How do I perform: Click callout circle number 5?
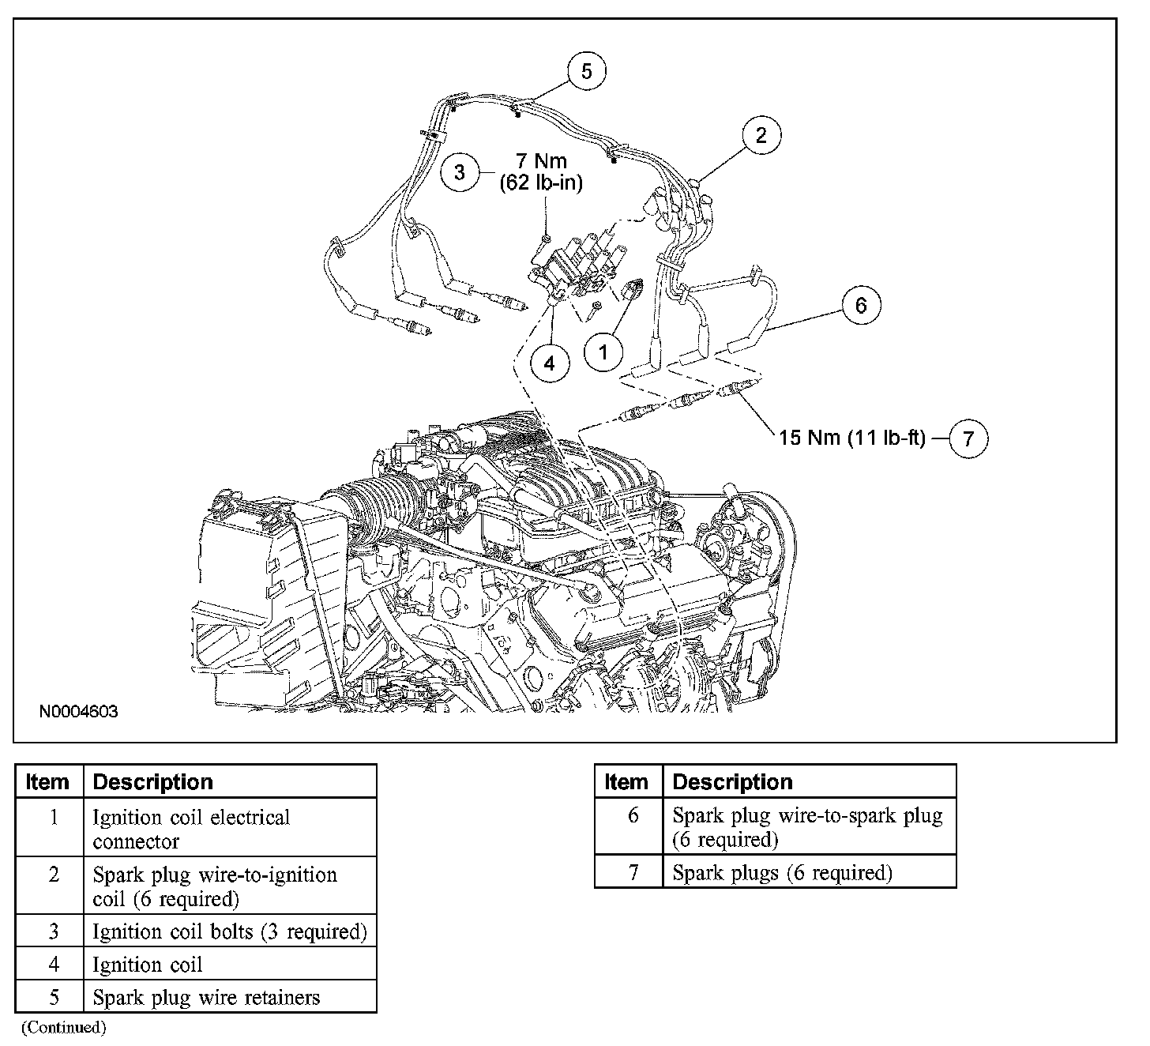(x=586, y=72)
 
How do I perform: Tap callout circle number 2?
(x=761, y=135)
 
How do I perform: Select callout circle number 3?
(x=461, y=171)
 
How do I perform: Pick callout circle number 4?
(x=550, y=363)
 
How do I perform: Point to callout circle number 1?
(x=603, y=351)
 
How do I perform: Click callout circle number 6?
(x=861, y=305)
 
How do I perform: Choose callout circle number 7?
(x=968, y=438)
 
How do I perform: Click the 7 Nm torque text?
(x=541, y=161)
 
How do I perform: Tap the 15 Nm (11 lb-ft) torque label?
(x=851, y=437)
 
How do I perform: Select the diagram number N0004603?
(x=79, y=712)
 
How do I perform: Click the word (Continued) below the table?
(x=63, y=1027)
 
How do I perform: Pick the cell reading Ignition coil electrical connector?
(x=191, y=828)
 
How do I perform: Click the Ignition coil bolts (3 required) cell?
(x=229, y=931)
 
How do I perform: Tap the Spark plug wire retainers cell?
(x=206, y=997)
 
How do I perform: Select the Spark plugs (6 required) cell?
(x=782, y=872)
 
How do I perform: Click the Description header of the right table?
(x=732, y=781)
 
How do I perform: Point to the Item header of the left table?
(x=47, y=781)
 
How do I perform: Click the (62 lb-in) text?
(x=541, y=183)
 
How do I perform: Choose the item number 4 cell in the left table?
(x=54, y=964)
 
